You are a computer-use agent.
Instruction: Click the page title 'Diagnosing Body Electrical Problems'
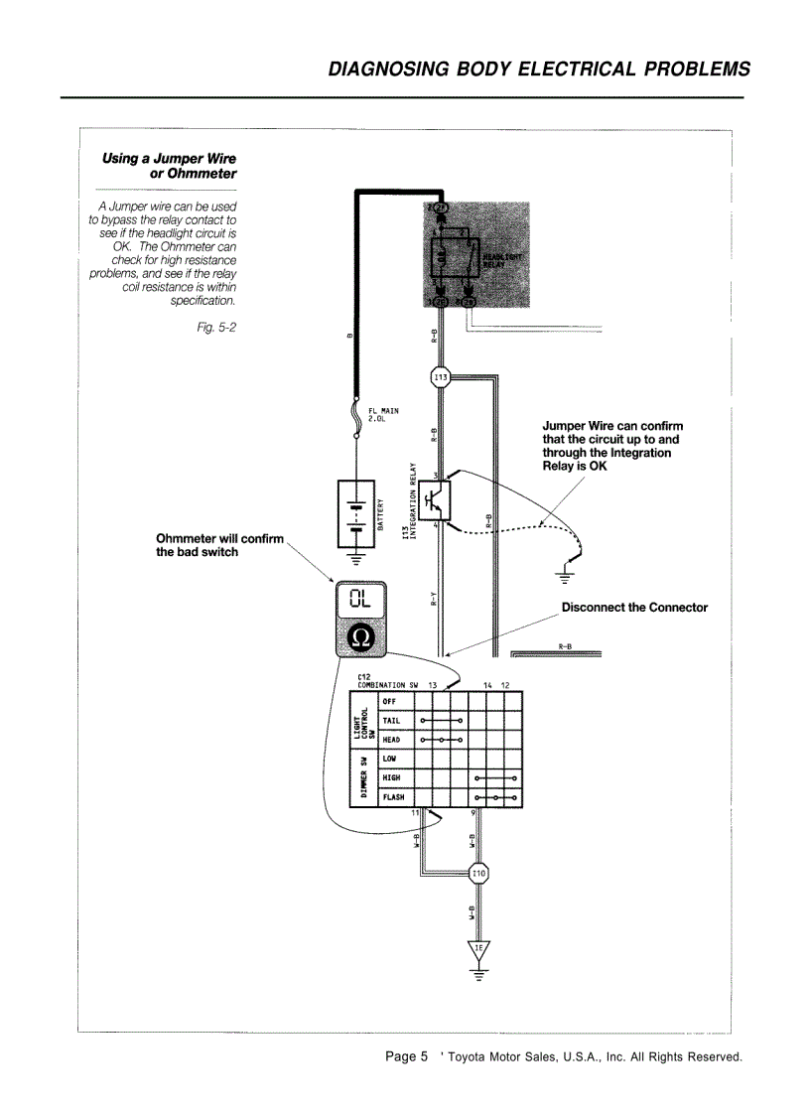[x=539, y=70]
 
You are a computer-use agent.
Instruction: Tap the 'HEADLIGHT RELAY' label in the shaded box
[x=501, y=260]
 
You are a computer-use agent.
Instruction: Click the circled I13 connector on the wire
[x=440, y=376]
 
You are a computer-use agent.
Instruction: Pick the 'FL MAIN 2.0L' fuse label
[x=383, y=414]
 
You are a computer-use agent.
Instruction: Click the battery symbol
[x=355, y=514]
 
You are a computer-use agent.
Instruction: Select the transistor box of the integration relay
[x=435, y=499]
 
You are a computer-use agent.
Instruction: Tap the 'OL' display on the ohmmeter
[x=362, y=599]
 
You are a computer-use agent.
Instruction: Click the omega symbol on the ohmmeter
[x=362, y=636]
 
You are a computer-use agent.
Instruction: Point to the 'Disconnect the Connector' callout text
[x=634, y=607]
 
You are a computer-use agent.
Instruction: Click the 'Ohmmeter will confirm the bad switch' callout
[x=219, y=545]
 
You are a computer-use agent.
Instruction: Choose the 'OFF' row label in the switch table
[x=389, y=701]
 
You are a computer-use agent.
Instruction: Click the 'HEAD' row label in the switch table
[x=391, y=740]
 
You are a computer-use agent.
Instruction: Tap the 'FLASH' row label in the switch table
[x=393, y=797]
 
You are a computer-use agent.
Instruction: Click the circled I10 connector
[x=479, y=874]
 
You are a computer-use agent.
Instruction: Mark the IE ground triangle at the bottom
[x=479, y=949]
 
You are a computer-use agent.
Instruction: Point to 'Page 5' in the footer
[x=407, y=1056]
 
